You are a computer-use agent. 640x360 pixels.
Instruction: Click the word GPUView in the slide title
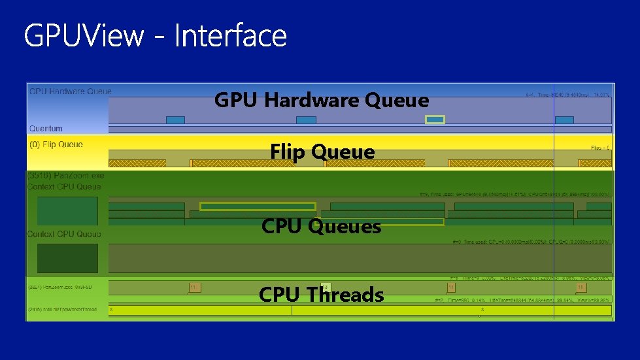pyautogui.click(x=84, y=36)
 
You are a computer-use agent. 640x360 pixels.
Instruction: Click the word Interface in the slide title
pyautogui.click(x=230, y=36)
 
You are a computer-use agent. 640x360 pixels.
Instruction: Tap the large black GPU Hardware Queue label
pyautogui.click(x=322, y=101)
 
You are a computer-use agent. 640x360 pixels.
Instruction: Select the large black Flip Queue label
pyautogui.click(x=322, y=152)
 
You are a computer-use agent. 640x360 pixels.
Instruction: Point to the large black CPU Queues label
pyautogui.click(x=321, y=227)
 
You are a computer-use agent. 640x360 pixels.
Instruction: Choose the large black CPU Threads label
pyautogui.click(x=321, y=295)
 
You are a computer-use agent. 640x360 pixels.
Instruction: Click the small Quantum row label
pyautogui.click(x=46, y=129)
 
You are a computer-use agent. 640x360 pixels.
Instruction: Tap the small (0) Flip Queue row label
pyautogui.click(x=56, y=144)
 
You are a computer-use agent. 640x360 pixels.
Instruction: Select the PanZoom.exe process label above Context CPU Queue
pyautogui.click(x=65, y=176)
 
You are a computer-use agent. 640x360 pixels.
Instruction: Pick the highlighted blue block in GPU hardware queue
pyautogui.click(x=435, y=120)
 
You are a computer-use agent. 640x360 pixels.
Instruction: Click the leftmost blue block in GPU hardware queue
pyautogui.click(x=175, y=120)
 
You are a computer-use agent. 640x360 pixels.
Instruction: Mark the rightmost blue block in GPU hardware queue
pyautogui.click(x=564, y=120)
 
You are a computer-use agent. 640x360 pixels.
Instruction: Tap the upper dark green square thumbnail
pyautogui.click(x=67, y=211)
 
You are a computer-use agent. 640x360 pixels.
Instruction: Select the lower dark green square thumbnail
pyautogui.click(x=67, y=258)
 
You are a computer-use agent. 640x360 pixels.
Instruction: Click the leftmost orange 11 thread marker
pyautogui.click(x=194, y=287)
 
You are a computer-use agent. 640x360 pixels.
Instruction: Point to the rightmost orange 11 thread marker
pyautogui.click(x=580, y=287)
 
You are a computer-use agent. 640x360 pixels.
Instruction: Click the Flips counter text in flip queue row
pyautogui.click(x=600, y=148)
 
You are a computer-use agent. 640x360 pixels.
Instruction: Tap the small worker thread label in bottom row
pyautogui.click(x=62, y=309)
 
